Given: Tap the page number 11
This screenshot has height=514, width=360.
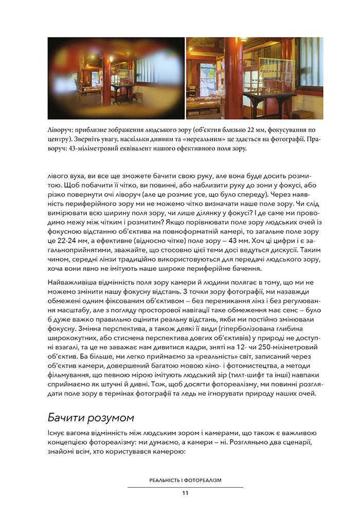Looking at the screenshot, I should (x=185, y=493).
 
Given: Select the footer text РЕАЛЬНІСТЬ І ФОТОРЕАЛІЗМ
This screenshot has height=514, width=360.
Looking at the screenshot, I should (x=185, y=480).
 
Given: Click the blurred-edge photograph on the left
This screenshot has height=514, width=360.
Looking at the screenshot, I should (x=116, y=78).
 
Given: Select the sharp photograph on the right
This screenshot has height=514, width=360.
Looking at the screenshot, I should (x=255, y=78).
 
